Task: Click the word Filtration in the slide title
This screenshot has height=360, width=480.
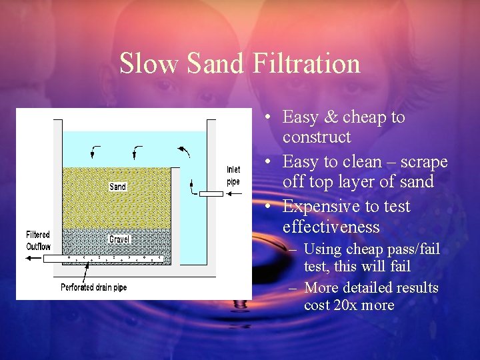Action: click(307, 63)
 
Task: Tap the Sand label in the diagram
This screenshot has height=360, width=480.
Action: click(117, 187)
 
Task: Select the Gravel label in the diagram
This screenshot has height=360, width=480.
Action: click(119, 239)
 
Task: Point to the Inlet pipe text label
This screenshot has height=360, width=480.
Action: click(233, 175)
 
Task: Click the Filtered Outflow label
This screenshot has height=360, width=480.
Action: click(38, 241)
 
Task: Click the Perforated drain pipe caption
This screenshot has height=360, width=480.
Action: click(94, 287)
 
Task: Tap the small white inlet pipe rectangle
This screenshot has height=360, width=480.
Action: click(211, 194)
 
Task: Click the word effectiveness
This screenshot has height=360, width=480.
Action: click(331, 227)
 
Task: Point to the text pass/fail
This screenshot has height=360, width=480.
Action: click(411, 249)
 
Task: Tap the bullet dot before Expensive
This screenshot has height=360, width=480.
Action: click(266, 207)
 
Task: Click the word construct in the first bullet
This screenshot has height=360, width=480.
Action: click(316, 137)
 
